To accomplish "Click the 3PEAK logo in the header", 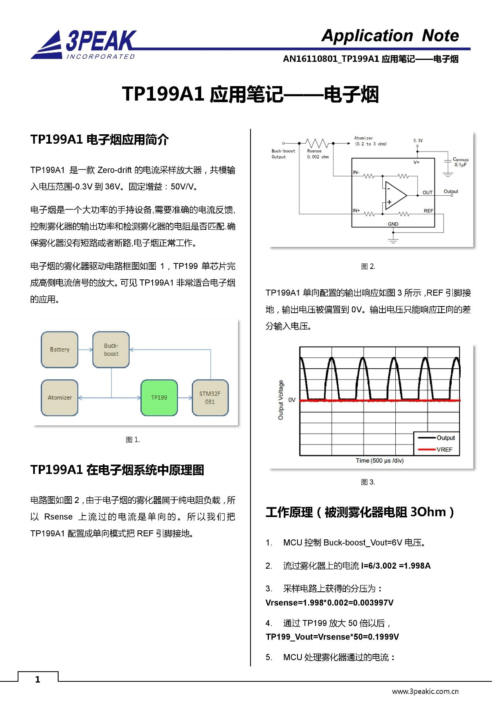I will (x=84, y=44).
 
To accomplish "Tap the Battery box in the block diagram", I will (x=59, y=349).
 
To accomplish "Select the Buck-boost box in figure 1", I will (x=111, y=349).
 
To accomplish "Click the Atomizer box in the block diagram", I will (x=59, y=398).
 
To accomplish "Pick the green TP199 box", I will (x=159, y=398).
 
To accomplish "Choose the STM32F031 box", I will (x=210, y=398).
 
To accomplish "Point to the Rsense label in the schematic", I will (x=314, y=151).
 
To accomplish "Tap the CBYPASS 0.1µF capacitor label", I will (x=460, y=162).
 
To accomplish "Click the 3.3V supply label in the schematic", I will (x=418, y=141).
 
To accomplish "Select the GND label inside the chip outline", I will (x=393, y=224).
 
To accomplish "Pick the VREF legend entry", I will (x=444, y=450).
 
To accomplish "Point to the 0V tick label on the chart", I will (x=292, y=400).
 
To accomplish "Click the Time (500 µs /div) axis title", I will (x=379, y=461).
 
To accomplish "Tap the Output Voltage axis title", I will (x=281, y=400).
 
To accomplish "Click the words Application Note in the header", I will (x=390, y=36).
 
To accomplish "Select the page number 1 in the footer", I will (x=38, y=679).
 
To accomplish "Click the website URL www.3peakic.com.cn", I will (x=425, y=692).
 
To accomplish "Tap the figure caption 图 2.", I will (x=368, y=267).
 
